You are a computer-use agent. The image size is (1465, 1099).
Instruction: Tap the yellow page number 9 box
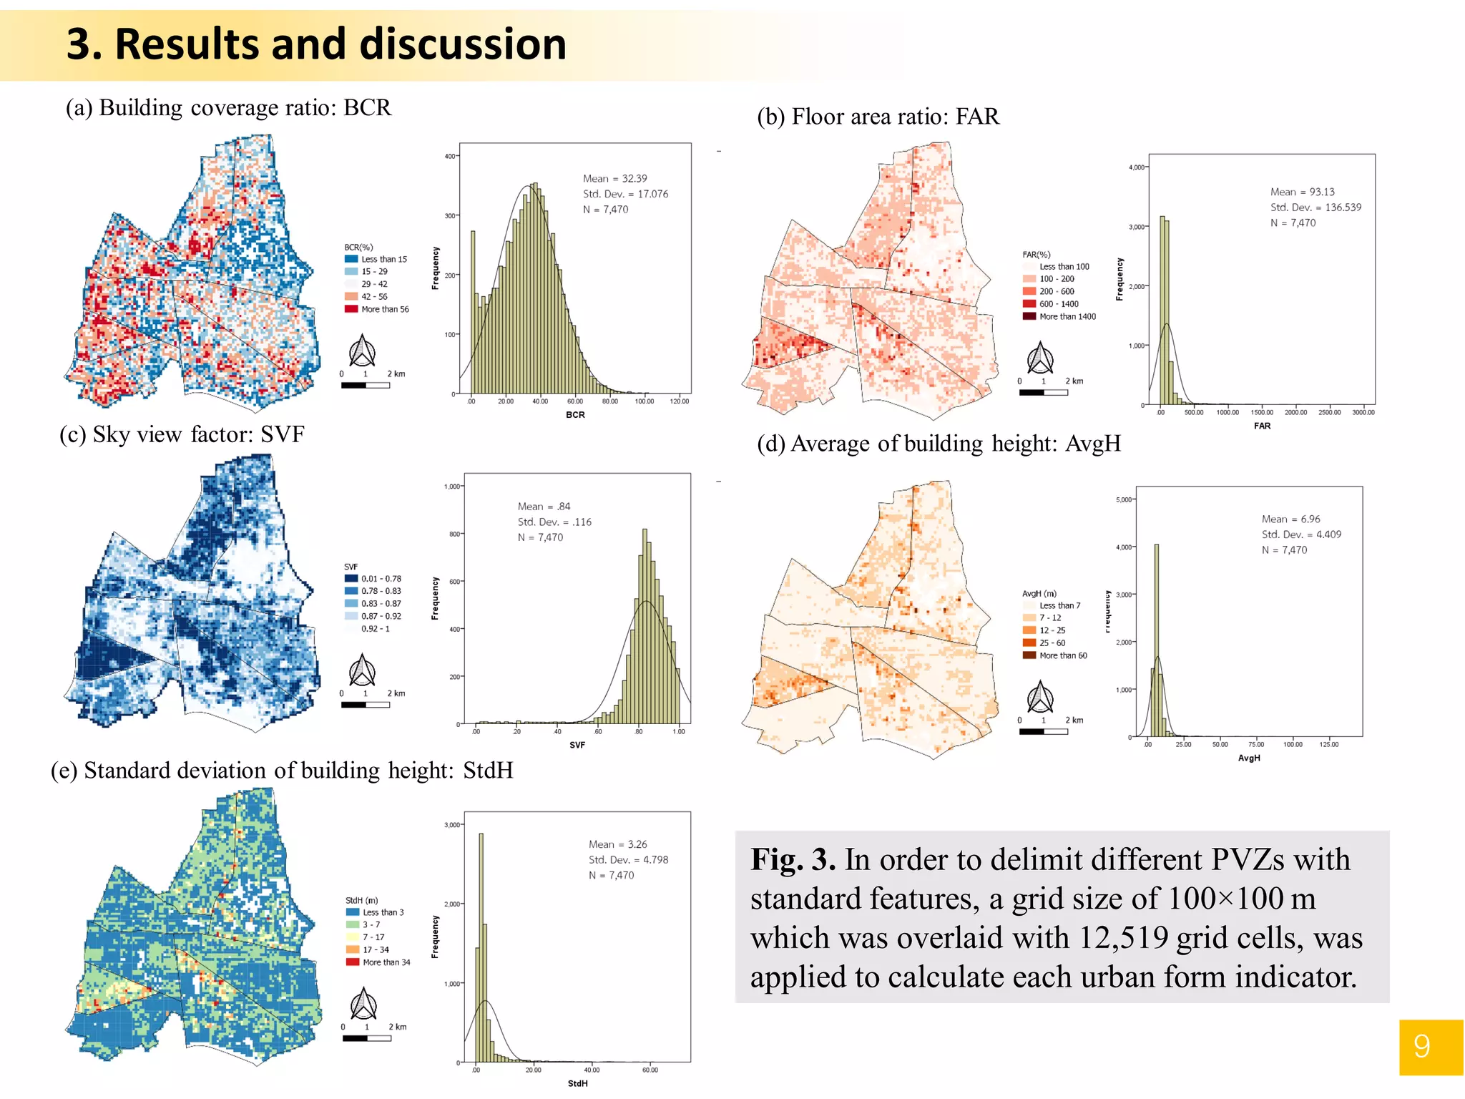(1430, 1047)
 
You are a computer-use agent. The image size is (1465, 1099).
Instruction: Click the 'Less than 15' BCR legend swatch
(351, 259)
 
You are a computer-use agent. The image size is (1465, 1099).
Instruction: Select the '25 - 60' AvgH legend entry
(1052, 643)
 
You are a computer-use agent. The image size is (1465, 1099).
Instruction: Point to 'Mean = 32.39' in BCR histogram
(614, 178)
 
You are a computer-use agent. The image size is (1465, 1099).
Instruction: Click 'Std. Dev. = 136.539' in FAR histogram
(1315, 207)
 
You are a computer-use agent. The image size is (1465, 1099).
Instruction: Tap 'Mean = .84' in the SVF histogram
(544, 506)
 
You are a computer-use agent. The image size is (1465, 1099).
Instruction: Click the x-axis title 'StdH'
(577, 1083)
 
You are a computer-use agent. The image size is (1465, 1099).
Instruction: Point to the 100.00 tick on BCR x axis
(644, 401)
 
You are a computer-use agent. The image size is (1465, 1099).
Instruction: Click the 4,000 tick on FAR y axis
(1136, 167)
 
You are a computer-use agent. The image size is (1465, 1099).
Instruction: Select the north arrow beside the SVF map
(362, 670)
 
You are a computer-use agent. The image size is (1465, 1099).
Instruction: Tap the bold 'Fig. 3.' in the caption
(793, 859)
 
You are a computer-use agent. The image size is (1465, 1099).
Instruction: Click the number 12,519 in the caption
(1123, 937)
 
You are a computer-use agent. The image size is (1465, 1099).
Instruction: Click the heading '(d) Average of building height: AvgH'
(939, 444)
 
